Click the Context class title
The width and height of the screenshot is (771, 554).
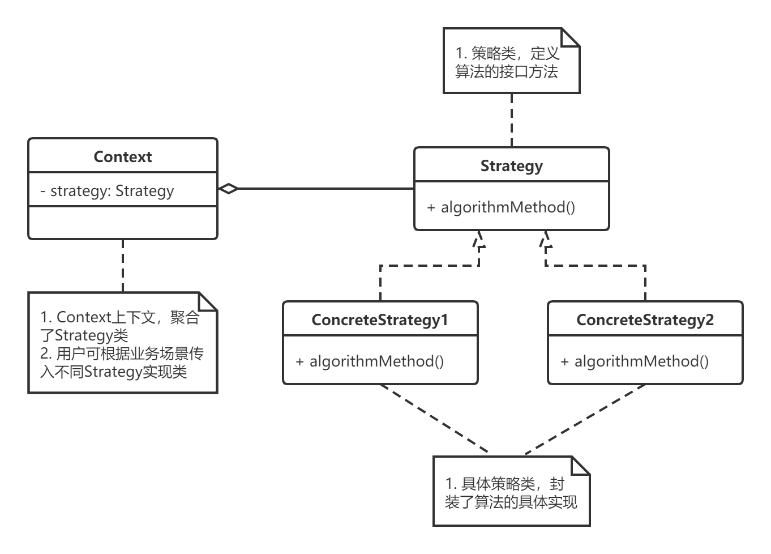click(122, 156)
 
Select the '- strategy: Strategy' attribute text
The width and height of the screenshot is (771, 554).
click(107, 191)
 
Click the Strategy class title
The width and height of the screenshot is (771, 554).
click(511, 166)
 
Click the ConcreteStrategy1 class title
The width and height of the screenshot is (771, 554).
click(379, 320)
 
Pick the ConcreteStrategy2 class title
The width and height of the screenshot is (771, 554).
click(645, 320)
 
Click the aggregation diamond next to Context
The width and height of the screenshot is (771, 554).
click(228, 189)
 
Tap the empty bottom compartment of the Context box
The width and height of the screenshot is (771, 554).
click(122, 223)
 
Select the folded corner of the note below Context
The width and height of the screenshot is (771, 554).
click(208, 301)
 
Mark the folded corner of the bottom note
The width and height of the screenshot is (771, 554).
click(581, 466)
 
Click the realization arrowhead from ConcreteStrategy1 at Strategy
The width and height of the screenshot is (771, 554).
click(479, 240)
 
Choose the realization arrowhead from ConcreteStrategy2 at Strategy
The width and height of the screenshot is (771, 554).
click(546, 240)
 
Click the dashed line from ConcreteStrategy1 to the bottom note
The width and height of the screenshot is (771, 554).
click(433, 419)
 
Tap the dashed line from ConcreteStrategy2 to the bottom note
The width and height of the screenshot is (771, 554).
click(586, 419)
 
